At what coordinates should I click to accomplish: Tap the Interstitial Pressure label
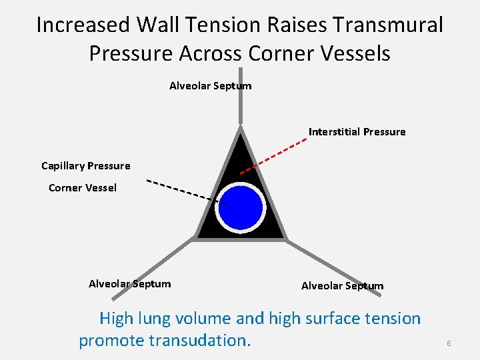[x=357, y=132]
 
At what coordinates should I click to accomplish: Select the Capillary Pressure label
[x=86, y=165]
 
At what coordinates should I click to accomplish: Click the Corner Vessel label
[x=83, y=188]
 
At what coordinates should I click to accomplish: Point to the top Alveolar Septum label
[x=210, y=85]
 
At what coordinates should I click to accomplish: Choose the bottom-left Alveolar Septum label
[x=129, y=284]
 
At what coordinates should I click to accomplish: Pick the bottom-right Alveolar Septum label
[x=342, y=286]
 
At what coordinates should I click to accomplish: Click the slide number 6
[x=449, y=343]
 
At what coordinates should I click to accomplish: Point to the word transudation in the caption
[x=200, y=341]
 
